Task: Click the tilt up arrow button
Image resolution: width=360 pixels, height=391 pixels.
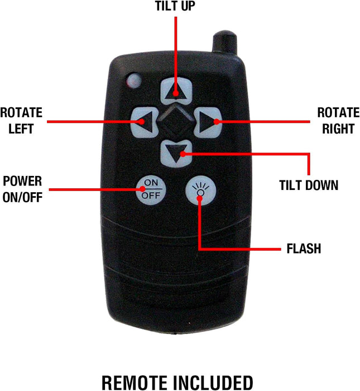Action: coord(176,90)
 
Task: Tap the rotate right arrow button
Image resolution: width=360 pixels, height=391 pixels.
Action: coord(208,122)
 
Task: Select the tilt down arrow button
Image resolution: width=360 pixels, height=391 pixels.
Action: coord(176,154)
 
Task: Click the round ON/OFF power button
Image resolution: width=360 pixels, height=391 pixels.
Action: coord(151,190)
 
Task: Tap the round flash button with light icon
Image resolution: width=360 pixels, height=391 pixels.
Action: coord(200,190)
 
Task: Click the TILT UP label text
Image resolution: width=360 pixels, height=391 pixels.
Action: coord(175,6)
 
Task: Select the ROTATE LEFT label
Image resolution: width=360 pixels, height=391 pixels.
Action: coord(21,121)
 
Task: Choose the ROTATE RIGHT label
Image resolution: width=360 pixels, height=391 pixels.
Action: coord(338,121)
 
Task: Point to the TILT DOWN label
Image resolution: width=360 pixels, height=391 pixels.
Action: coord(309,185)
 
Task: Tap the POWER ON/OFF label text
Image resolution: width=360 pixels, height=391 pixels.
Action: coord(22,189)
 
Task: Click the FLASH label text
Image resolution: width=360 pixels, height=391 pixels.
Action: coord(304,249)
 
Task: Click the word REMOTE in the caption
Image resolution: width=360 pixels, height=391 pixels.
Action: coord(135,383)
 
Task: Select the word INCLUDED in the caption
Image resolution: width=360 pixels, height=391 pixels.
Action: coord(213,383)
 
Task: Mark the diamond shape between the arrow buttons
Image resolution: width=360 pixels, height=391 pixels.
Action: coord(176,122)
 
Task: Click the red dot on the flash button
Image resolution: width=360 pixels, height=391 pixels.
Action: coord(200,198)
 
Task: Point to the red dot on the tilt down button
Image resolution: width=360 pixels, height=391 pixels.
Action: coord(183,154)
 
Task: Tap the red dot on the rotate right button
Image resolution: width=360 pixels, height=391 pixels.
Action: coord(217,122)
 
